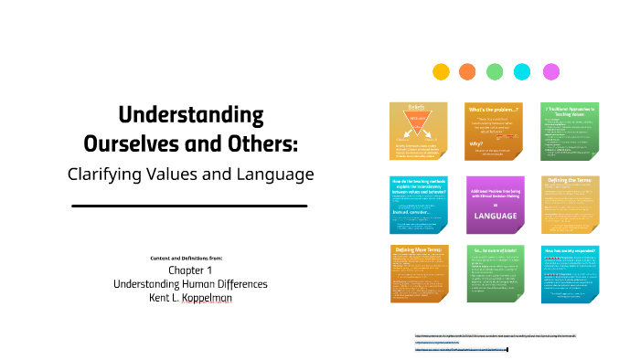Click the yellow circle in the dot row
click(x=441, y=71)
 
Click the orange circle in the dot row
click(x=467, y=71)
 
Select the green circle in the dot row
click(x=495, y=71)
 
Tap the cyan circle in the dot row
click(x=522, y=71)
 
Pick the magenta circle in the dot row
click(x=551, y=71)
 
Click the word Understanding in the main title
click(x=191, y=116)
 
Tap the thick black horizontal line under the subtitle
click(x=189, y=206)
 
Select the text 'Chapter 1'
click(x=191, y=270)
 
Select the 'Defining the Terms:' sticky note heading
click(x=571, y=183)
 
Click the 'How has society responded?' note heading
click(x=571, y=249)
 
